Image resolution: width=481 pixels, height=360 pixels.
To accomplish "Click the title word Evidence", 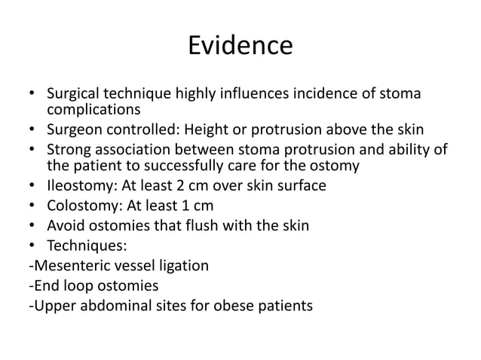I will click(240, 46).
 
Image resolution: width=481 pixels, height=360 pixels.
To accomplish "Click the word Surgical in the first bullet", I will click(73, 94).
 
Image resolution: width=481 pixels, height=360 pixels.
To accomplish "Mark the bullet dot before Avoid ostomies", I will click(32, 225).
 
